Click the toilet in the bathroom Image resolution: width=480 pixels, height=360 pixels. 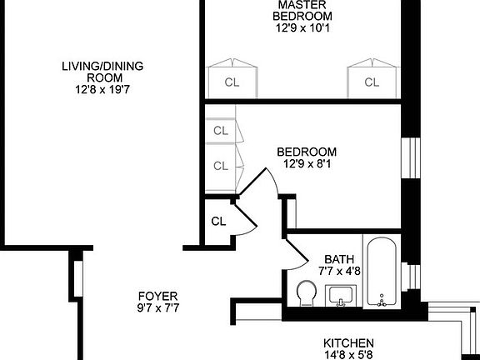pyautogui.click(x=306, y=294)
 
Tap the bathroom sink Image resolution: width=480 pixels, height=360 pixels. pyautogui.click(x=340, y=295)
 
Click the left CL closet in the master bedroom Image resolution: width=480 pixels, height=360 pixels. pyautogui.click(x=232, y=81)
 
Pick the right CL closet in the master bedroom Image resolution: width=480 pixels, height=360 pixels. pyautogui.click(x=371, y=81)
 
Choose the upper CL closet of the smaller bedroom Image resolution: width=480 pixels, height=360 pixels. pyautogui.click(x=221, y=131)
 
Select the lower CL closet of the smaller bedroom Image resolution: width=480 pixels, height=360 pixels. pyautogui.click(x=221, y=165)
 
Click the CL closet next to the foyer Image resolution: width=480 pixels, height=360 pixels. pyautogui.click(x=218, y=222)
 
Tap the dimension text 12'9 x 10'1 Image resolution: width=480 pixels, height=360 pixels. pyautogui.click(x=307, y=27)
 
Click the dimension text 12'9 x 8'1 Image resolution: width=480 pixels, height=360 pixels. pyautogui.click(x=307, y=164)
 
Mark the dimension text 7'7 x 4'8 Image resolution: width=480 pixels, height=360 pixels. pyautogui.click(x=339, y=271)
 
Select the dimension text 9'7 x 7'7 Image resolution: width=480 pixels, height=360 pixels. pyautogui.click(x=157, y=308)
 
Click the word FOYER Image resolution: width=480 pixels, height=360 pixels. pyautogui.click(x=157, y=296)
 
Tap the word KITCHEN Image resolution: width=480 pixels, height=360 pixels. pyautogui.click(x=347, y=342)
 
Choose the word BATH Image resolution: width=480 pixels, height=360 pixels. pyautogui.click(x=339, y=259)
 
